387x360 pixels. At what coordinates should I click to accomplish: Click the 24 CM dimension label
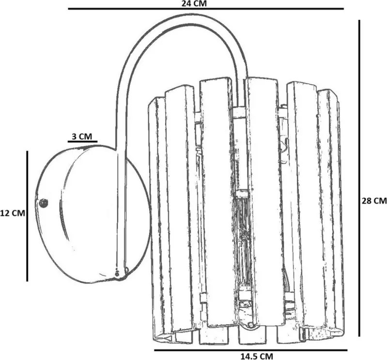click(x=194, y=3)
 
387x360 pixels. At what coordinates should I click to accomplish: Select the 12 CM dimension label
click(x=13, y=213)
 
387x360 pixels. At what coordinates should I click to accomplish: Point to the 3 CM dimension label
click(x=82, y=136)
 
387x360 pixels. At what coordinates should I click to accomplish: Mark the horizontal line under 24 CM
click(x=206, y=9)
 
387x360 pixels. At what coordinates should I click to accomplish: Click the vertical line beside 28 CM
click(x=359, y=178)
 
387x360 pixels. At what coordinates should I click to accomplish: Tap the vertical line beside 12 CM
click(x=27, y=216)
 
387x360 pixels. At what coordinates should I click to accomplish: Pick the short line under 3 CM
click(x=82, y=142)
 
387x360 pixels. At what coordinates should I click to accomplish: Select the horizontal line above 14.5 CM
click(x=251, y=350)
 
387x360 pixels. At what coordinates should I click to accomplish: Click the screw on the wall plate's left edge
click(x=44, y=203)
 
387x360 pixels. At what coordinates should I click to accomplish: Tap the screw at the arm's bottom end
click(x=117, y=273)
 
